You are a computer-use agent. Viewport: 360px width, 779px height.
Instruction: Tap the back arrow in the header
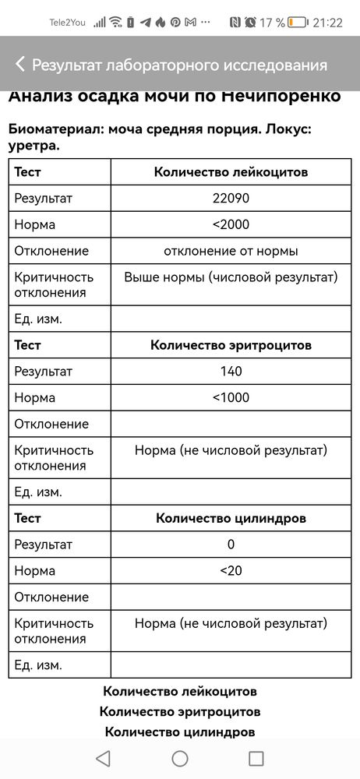(20, 65)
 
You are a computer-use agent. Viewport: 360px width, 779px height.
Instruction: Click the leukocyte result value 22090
(231, 199)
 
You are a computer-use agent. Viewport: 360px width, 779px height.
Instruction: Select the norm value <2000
(231, 224)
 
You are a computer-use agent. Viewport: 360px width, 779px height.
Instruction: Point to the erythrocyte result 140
(231, 372)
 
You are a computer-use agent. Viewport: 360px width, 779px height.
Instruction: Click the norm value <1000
(231, 397)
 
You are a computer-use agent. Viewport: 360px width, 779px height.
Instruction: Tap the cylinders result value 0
(231, 545)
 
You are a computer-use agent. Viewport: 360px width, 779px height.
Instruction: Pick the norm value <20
(231, 570)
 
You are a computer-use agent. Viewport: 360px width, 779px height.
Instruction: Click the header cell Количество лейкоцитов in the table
(231, 172)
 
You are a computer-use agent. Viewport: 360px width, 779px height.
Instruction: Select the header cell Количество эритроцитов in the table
(231, 345)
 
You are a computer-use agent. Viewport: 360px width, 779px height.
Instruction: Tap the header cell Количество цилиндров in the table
(231, 518)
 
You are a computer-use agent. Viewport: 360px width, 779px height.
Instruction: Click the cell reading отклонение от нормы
(231, 251)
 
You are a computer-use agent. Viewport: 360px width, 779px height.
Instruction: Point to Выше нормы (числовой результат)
(231, 277)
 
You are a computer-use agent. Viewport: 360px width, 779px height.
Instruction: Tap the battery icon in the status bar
(298, 22)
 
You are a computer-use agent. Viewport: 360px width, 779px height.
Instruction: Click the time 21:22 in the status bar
(327, 22)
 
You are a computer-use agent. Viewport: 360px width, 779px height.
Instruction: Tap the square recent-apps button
(256, 758)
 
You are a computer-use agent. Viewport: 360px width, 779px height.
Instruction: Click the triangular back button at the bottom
(103, 758)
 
